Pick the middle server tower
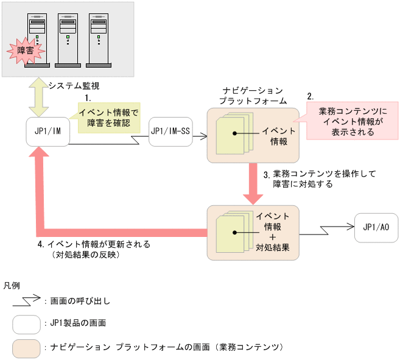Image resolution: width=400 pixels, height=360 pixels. point(68,39)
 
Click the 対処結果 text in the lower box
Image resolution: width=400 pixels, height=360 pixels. point(272,247)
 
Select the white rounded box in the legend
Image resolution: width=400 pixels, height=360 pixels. point(27,323)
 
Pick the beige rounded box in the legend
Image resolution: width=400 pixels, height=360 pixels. point(27,347)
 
